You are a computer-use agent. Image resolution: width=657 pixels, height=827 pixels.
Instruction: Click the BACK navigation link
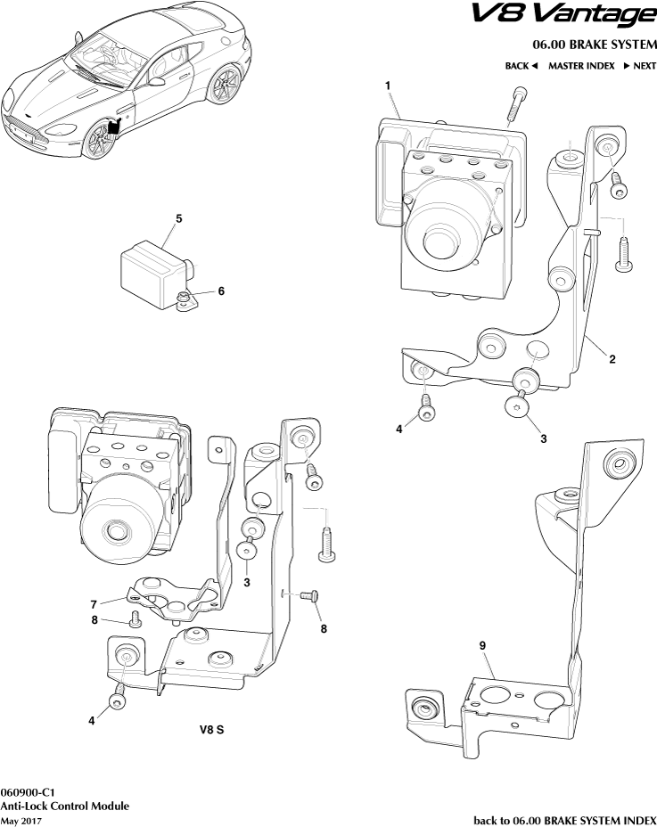pos(521,66)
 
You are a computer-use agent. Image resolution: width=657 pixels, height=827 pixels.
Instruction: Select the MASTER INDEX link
pos(581,66)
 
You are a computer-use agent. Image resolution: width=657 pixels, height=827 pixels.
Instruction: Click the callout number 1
pos(389,85)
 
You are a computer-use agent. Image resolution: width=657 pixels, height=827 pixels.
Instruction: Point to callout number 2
pos(612,359)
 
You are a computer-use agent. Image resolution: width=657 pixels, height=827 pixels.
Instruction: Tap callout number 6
pos(221,291)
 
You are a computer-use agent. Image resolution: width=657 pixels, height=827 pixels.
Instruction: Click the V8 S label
pos(211,728)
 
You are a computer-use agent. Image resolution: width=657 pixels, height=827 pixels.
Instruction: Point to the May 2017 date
pos(22,819)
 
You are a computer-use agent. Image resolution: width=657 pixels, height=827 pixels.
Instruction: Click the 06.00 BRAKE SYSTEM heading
pos(595,45)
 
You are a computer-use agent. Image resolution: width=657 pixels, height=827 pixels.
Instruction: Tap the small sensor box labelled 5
pos(150,267)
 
